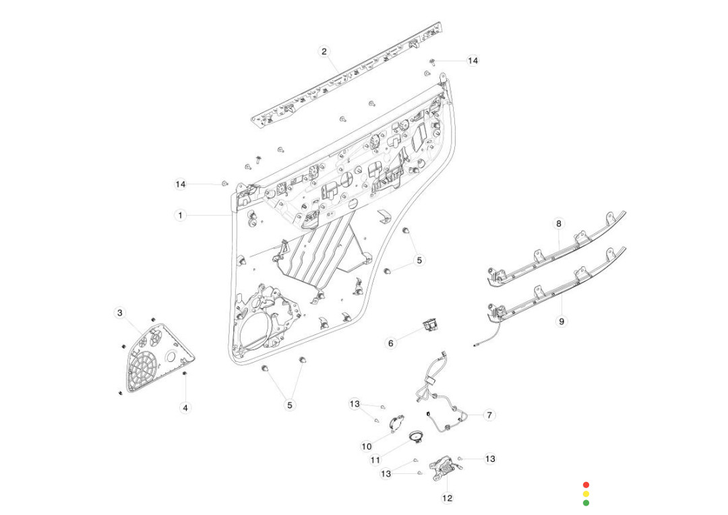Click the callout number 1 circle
[180, 215]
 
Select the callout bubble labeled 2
[324, 52]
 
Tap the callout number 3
[120, 313]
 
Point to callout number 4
[185, 407]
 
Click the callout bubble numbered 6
[390, 343]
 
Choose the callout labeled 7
[489, 415]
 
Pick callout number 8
[558, 223]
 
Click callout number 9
[562, 322]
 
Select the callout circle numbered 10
[367, 446]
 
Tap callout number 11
[375, 460]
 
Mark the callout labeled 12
[448, 498]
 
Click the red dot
[586, 485]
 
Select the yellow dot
[586, 493]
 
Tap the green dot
[586, 502]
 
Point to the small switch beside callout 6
[429, 326]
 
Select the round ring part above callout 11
[416, 437]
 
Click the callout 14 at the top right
[473, 61]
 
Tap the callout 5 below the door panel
[290, 405]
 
